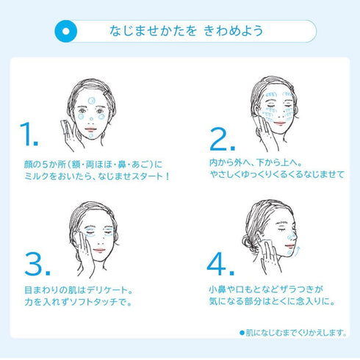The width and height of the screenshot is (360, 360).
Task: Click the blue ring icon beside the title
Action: pyautogui.click(x=66, y=32)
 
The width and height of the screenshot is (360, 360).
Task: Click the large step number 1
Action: pyautogui.click(x=29, y=134)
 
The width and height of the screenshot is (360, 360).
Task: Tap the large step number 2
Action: pyautogui.click(x=223, y=139)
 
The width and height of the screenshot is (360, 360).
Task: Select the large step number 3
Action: pyautogui.click(x=37, y=264)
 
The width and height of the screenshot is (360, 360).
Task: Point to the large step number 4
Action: pyautogui.click(x=220, y=264)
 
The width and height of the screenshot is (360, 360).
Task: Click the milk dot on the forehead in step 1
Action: pyautogui.click(x=91, y=101)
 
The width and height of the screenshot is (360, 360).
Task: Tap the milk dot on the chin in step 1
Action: pyautogui.click(x=91, y=135)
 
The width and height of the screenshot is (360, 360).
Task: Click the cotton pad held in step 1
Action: pyautogui.click(x=65, y=127)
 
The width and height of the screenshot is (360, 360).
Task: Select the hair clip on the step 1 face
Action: pyautogui.click(x=105, y=93)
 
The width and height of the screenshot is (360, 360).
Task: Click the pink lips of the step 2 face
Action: pyautogui.click(x=280, y=123)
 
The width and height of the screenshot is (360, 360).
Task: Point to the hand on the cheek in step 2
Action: pyautogui.click(x=266, y=132)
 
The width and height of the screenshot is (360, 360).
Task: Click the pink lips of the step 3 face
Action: pyautogui.click(x=99, y=250)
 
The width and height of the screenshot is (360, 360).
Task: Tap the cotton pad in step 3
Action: pyautogui.click(x=79, y=239)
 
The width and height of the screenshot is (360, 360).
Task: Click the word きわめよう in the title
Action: pyautogui.click(x=233, y=31)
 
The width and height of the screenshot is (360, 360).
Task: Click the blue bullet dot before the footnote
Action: pyautogui.click(x=242, y=332)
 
